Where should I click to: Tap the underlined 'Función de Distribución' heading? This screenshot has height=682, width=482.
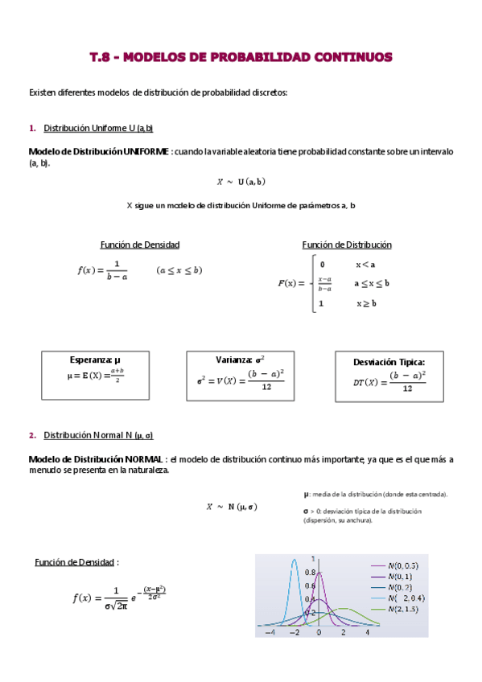click(x=347, y=244)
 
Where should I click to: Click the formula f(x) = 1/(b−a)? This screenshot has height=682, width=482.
click(x=103, y=270)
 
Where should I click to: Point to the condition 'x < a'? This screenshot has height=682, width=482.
click(x=366, y=264)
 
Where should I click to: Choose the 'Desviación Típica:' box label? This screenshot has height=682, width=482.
click(x=389, y=362)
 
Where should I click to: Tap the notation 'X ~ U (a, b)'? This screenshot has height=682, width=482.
click(x=241, y=182)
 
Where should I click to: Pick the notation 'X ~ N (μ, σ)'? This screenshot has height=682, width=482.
click(x=232, y=507)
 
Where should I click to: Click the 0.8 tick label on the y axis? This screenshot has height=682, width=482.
click(x=310, y=573)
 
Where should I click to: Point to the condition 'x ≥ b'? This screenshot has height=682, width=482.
click(x=366, y=303)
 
